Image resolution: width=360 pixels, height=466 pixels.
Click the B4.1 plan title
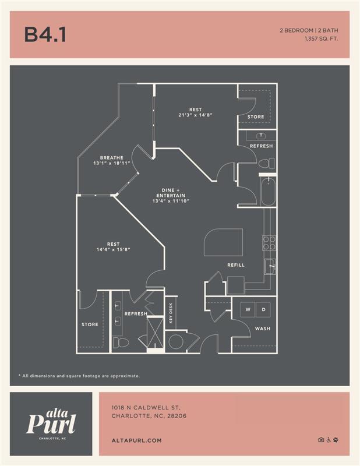(45, 35)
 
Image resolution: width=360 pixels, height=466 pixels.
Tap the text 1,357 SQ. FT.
(321, 39)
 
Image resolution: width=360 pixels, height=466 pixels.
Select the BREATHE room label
(112, 158)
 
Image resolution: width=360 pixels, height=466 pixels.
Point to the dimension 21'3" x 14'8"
(195, 115)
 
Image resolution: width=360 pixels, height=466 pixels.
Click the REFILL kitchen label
(236, 265)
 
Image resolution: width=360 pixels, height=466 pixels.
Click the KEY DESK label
(171, 314)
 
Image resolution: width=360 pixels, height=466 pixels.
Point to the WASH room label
(262, 329)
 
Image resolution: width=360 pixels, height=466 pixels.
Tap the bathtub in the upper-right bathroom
(268, 192)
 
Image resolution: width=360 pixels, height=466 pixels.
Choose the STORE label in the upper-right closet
(256, 116)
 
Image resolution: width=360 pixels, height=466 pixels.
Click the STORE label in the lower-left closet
(90, 324)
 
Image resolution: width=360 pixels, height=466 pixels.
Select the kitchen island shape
(223, 241)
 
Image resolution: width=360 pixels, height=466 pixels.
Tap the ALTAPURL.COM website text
(136, 441)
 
